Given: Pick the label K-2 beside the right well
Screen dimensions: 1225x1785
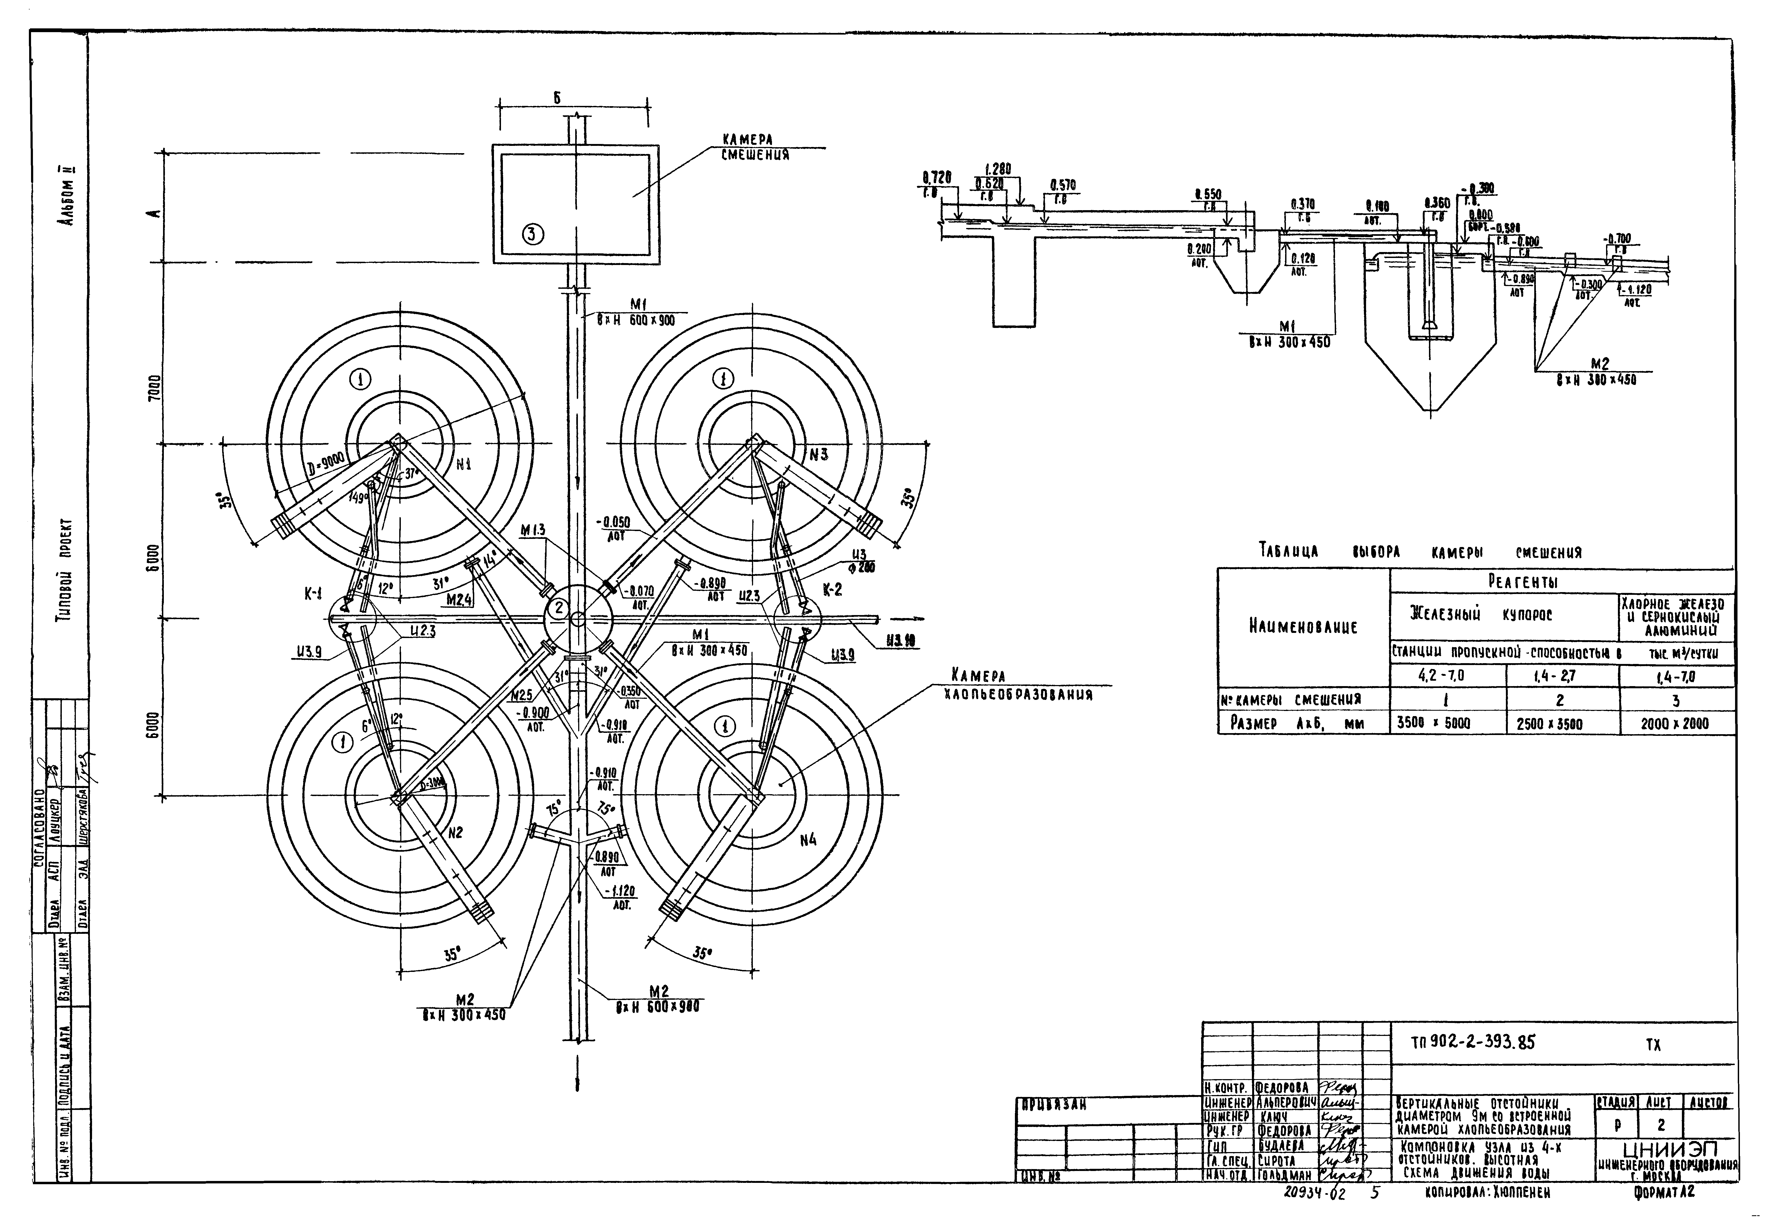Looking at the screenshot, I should [833, 589].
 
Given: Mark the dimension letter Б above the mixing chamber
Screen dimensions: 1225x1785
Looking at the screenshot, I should [557, 98].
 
